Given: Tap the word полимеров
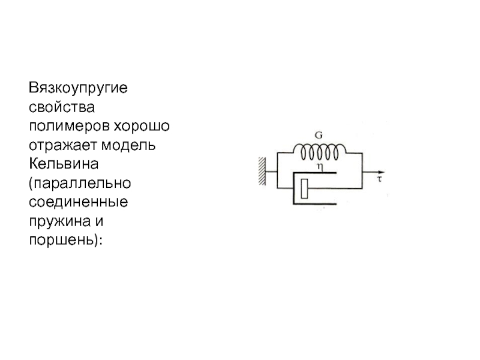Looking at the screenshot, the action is [69, 127].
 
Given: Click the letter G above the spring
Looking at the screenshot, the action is [319, 136].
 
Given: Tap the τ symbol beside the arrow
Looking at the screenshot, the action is [379, 178].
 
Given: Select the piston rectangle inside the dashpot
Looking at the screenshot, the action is [305, 188].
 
